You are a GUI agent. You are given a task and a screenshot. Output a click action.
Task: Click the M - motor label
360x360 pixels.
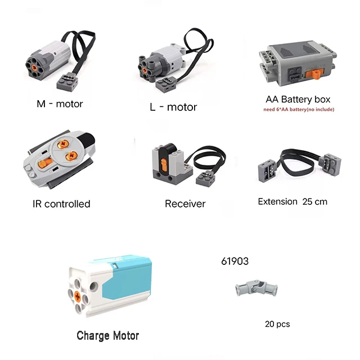click(x=60, y=103)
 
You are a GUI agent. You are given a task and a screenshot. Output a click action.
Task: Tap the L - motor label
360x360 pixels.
click(x=173, y=107)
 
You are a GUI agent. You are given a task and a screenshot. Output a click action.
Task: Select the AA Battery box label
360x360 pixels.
click(x=298, y=99)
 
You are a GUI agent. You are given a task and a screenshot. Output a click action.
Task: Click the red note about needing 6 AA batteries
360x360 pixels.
click(x=298, y=109)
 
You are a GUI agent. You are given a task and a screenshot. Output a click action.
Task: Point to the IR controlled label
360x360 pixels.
click(x=61, y=204)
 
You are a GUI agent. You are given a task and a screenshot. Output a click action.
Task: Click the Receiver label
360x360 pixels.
click(x=185, y=204)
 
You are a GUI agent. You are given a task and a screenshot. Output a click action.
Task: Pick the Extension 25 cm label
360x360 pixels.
click(x=292, y=201)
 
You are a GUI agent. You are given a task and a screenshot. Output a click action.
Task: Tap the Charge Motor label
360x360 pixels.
click(x=108, y=336)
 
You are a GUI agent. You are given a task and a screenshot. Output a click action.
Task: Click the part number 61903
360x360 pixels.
click(x=235, y=261)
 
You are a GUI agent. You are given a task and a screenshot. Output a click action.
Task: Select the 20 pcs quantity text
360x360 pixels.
click(x=277, y=324)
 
